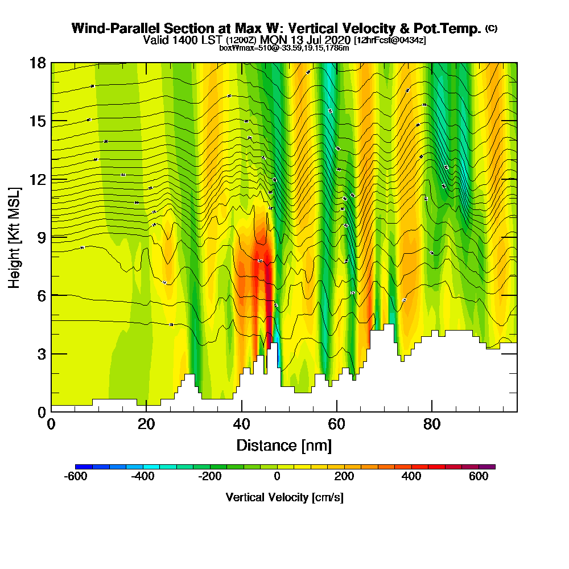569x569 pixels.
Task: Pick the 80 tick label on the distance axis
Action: tap(432, 424)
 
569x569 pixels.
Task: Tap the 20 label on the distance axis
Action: tap(146, 424)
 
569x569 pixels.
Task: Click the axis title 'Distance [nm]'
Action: tap(284, 444)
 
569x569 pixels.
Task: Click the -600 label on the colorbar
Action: tap(76, 477)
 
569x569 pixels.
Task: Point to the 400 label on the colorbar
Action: tap(411, 477)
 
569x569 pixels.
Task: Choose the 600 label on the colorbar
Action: tap(479, 477)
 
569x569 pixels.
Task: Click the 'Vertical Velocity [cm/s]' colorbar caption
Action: tap(284, 497)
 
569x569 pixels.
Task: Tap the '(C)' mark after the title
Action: tap(491, 28)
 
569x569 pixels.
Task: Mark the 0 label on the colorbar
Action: tap(277, 477)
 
